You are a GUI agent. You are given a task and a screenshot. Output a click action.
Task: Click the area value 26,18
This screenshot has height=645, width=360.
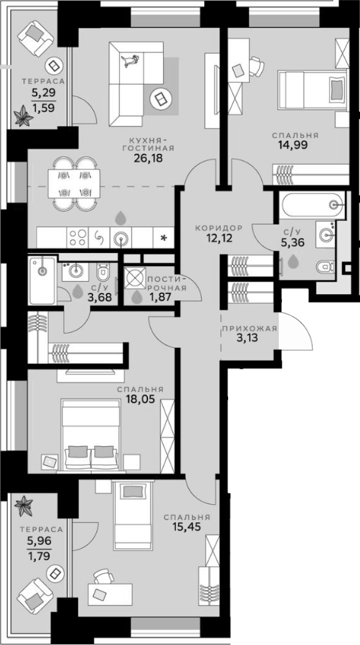tap(149, 158)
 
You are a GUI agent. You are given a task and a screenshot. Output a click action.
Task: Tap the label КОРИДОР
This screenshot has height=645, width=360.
tap(219, 227)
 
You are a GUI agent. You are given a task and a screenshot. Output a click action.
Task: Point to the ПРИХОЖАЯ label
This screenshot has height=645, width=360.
tap(250, 328)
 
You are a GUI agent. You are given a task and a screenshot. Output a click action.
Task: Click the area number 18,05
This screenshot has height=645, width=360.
tap(140, 400)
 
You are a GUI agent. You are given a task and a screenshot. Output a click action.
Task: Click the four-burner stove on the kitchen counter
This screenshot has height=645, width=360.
tap(77, 237)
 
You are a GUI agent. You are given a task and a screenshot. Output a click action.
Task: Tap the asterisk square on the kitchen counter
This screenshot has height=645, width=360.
tap(164, 237)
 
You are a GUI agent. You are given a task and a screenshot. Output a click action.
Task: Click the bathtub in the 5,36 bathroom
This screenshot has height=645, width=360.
tap(312, 205)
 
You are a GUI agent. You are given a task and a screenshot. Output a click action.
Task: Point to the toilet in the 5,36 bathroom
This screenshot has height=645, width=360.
tap(325, 267)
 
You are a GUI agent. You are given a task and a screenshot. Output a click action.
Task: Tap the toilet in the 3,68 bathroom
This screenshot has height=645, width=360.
tap(101, 271)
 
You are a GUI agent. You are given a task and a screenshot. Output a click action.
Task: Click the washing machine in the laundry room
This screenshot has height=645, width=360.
tap(136, 277)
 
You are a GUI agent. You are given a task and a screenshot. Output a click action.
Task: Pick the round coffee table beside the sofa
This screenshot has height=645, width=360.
tap(159, 98)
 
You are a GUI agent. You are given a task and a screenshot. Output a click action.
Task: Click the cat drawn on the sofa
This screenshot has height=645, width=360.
tap(130, 61)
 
